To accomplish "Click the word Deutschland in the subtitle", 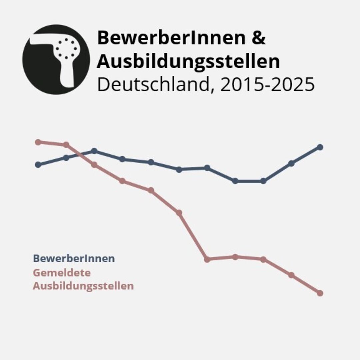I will pos(153,85).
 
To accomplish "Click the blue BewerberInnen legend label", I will pos(74,258).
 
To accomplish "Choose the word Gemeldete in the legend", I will pos(62,272).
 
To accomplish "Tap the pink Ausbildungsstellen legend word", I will pos(83,286).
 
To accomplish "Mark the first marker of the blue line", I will pos(38,164).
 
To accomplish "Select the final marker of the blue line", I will pos(320,147).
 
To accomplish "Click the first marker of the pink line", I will pos(38,142).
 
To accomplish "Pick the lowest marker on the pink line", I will pos(320,293).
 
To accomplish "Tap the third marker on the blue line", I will pos(94,151).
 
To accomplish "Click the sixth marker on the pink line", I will pos(179,213).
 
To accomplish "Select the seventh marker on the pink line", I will pos(207,259).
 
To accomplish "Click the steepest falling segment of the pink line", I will pos(193,236).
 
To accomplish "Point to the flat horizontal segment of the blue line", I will pos(249,181).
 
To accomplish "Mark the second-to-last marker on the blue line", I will pos(291,163).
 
